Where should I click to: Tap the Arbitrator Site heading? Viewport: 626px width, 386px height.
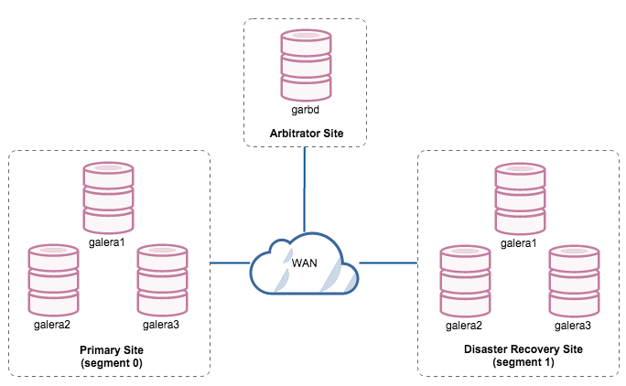(x=307, y=134)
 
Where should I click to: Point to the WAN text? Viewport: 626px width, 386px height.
(x=306, y=263)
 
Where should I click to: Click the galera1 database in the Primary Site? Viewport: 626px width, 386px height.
(x=108, y=198)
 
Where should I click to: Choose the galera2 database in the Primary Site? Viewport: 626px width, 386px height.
(x=54, y=280)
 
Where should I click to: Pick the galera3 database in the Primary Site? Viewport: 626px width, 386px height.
(x=162, y=280)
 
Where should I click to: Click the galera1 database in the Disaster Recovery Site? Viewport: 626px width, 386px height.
(x=520, y=198)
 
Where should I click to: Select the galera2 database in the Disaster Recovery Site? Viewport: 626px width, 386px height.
(x=465, y=280)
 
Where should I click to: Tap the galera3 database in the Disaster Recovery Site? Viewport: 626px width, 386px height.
(x=574, y=280)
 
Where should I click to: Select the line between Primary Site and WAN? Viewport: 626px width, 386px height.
(x=229, y=263)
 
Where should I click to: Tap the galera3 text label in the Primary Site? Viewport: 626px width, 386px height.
(x=160, y=325)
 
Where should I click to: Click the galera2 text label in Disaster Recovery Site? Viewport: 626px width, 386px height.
(x=464, y=325)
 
